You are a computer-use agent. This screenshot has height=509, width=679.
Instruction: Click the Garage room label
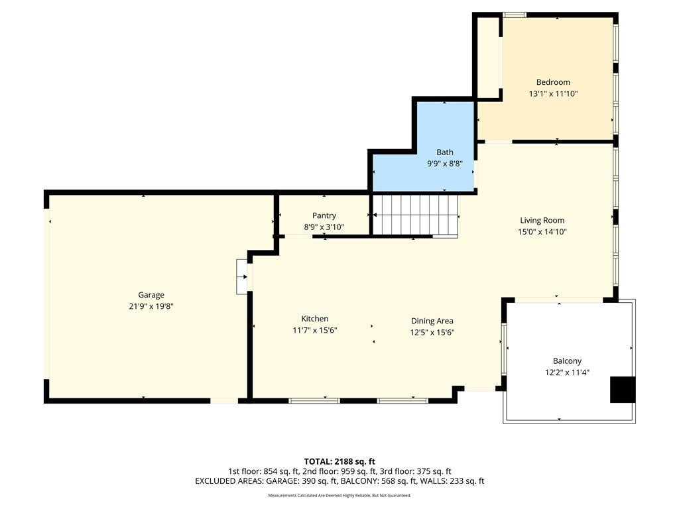(151, 295)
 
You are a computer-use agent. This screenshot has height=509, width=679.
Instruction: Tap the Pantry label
(324, 215)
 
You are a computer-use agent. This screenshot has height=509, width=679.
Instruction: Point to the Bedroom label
(553, 82)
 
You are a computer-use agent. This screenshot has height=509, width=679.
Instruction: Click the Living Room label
(542, 220)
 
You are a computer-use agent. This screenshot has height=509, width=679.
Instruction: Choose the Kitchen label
(315, 319)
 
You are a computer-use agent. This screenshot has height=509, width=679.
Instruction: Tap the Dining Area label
(432, 321)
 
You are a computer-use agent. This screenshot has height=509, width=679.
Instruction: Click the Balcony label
(568, 361)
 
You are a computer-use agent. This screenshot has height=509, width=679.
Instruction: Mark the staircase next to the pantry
(415, 215)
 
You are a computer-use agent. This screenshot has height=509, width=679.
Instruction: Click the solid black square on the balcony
(623, 390)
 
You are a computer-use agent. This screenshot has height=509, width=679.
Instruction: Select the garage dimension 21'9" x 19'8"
(151, 306)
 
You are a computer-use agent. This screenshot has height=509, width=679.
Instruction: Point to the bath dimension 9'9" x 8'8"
(445, 164)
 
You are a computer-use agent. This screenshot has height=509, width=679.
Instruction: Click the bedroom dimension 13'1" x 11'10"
(554, 93)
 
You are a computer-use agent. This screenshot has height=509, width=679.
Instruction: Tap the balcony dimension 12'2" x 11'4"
(568, 372)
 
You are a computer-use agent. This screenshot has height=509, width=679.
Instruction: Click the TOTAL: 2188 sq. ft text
(339, 461)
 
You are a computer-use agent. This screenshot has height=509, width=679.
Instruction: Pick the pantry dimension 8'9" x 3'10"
(324, 227)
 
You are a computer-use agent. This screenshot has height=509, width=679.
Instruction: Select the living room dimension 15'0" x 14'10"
(542, 231)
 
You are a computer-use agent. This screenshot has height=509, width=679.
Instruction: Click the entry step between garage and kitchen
(241, 277)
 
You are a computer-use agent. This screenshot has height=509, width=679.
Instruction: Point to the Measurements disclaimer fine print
(339, 495)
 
